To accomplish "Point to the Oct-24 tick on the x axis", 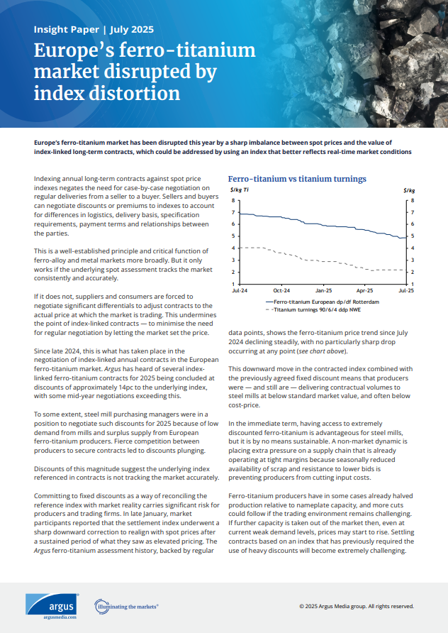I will tap(281, 291).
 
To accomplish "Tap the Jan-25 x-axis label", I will tap(323, 291).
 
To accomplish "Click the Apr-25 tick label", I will tap(364, 291).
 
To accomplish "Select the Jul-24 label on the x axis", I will tap(240, 291).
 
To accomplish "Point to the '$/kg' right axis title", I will tap(408, 191).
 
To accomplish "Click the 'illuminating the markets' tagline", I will tap(128, 607).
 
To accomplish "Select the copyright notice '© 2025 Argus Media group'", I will tap(356, 607).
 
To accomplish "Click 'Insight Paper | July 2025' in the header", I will tap(94, 30).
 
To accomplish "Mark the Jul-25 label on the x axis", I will tap(405, 291).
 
